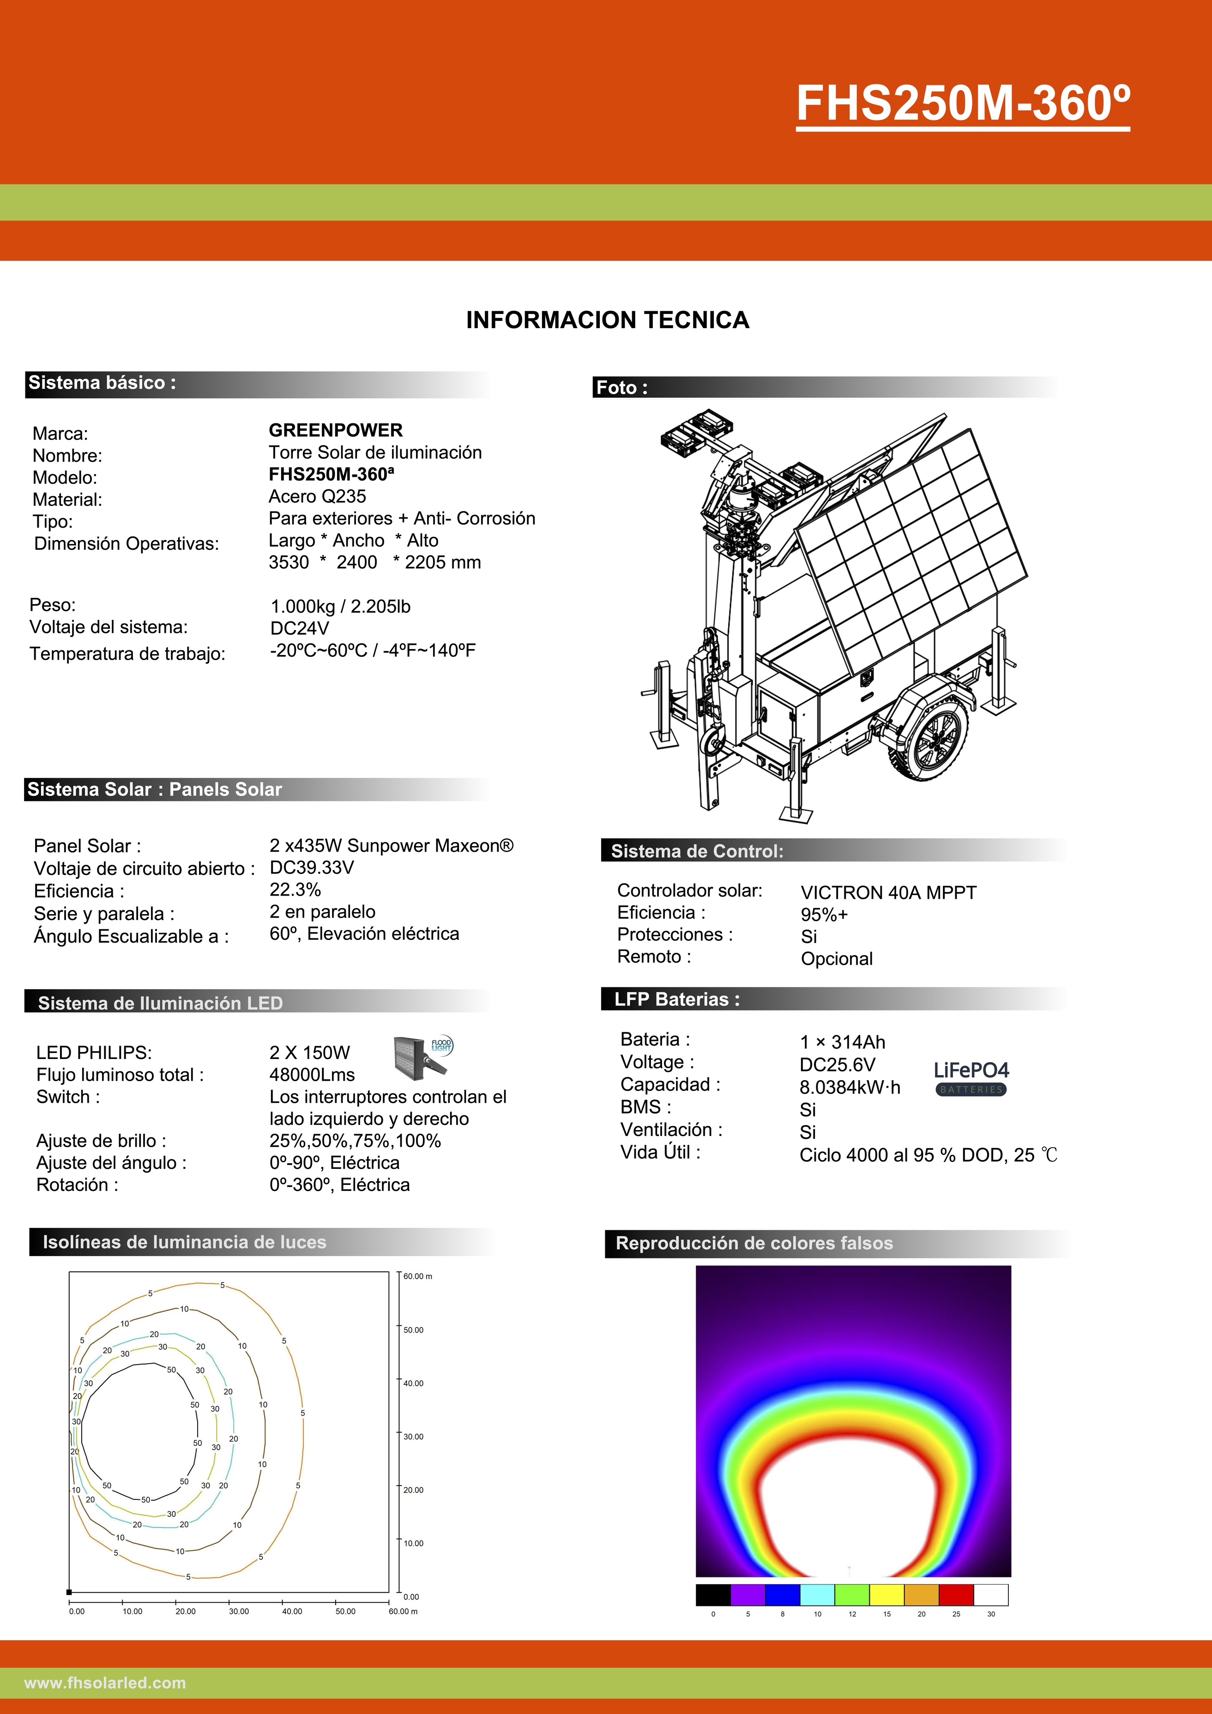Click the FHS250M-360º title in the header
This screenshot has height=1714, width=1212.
point(963,103)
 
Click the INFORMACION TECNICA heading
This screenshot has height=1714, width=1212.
point(607,319)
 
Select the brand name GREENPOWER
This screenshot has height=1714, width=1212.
point(335,430)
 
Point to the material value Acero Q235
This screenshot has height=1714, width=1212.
point(317,496)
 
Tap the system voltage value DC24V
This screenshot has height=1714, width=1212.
point(300,629)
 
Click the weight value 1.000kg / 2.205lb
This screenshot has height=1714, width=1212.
point(341,606)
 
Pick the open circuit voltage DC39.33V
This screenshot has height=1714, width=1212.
point(311,867)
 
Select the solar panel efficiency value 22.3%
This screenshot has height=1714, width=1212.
point(295,890)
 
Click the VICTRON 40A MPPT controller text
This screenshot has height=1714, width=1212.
point(888,893)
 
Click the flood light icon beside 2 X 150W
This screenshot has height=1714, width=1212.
point(422,1054)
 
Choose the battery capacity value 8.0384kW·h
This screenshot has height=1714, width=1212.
point(850,1088)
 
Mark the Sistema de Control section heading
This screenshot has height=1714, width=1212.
point(697,851)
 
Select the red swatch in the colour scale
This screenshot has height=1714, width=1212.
point(956,1594)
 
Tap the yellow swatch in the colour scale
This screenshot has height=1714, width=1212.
point(886,1594)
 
